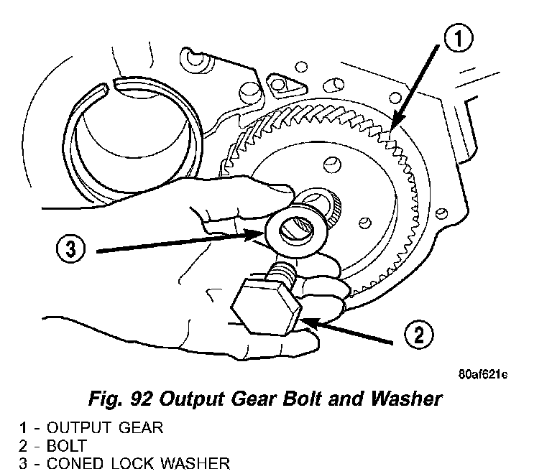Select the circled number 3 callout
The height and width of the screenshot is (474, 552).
[x=68, y=250]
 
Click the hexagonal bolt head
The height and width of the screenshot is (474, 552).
[x=264, y=306]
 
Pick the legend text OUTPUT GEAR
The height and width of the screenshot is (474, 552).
[x=104, y=428]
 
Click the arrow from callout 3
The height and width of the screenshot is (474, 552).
[x=180, y=242]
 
